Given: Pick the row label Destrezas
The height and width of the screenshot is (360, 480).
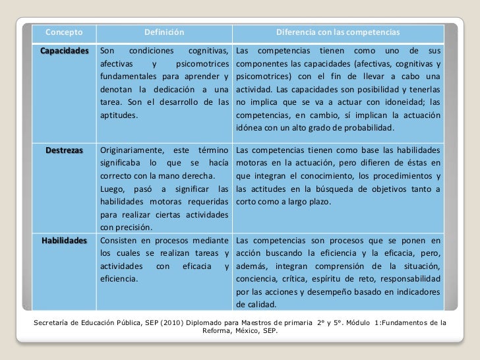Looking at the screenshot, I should click(64, 150).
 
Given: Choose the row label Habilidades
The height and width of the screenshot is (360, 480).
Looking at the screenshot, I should click(64, 240).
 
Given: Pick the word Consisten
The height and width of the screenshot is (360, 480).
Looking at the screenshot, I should click(121, 240).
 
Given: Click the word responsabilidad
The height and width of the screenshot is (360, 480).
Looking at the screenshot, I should click(410, 279).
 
